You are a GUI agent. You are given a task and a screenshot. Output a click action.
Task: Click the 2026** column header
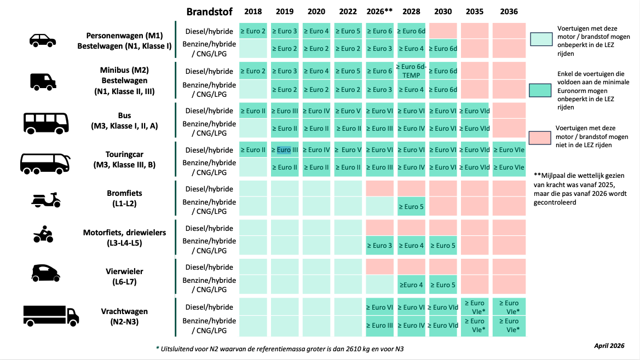[379, 11]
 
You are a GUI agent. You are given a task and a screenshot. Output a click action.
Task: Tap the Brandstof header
[209, 12]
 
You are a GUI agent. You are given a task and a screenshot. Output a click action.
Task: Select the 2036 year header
[509, 11]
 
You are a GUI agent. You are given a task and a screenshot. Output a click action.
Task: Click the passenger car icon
[43, 40]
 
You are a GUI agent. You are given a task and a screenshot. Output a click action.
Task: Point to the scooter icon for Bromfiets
[46, 200]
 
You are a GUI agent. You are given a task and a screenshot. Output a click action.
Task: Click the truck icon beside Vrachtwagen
[51, 316]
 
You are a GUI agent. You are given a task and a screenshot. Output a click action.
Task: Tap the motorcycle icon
[43, 234]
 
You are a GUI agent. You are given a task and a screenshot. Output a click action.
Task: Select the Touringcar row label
[124, 159]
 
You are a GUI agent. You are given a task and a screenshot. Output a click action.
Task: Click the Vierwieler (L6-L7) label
[124, 276]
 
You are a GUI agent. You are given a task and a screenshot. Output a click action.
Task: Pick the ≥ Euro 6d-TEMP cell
[411, 71]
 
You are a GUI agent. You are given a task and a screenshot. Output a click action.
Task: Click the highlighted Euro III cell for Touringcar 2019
[285, 149]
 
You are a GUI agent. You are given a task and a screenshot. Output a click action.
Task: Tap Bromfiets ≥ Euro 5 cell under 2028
[411, 207]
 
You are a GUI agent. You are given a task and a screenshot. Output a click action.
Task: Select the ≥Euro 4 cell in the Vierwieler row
[411, 285]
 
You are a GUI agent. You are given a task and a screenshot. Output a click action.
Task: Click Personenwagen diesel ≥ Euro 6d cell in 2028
[411, 31]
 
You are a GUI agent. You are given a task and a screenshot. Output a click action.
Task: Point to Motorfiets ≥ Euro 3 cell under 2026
[379, 246]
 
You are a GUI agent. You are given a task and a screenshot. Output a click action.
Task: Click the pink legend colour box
[540, 138]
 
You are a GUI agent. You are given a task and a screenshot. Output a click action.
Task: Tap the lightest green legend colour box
[541, 39]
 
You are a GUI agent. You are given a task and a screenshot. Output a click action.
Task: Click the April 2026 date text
[609, 346]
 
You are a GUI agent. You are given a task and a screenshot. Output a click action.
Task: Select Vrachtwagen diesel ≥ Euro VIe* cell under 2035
[475, 307]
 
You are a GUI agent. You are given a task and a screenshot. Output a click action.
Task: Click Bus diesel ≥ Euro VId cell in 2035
[475, 111]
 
